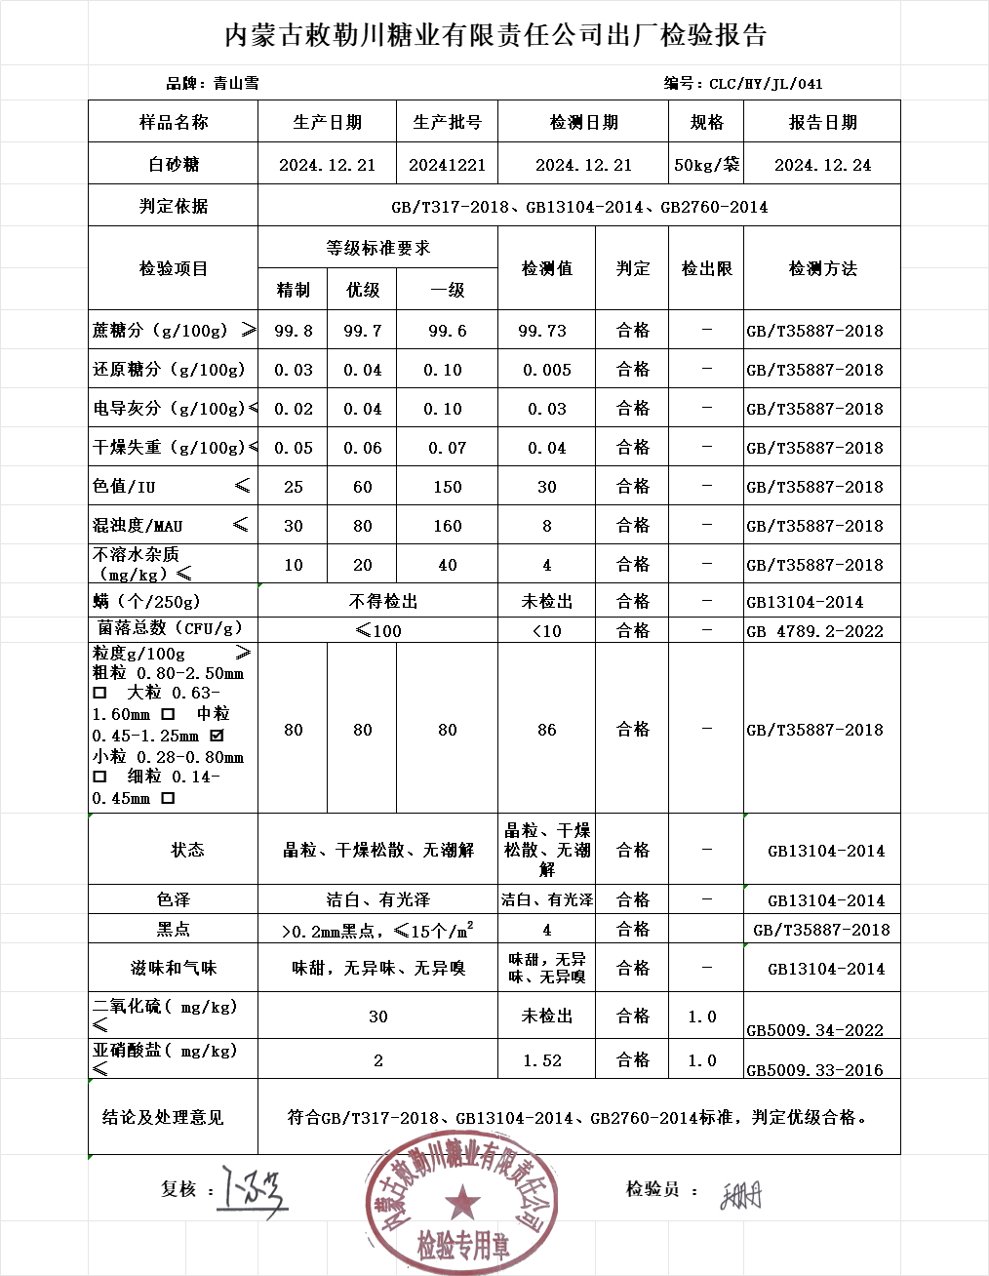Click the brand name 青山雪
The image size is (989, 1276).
[x=236, y=84]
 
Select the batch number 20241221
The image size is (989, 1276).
[x=447, y=165]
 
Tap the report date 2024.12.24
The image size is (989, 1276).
[x=822, y=165]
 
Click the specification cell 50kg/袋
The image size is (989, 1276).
[x=707, y=165]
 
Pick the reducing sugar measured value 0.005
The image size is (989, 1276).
[x=546, y=370]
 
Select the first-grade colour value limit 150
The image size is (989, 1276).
[x=448, y=487]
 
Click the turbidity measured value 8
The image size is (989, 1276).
[x=547, y=526]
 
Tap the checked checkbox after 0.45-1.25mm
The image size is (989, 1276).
[x=217, y=736]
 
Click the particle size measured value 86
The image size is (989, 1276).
[x=547, y=730]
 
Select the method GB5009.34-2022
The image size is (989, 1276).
[x=814, y=1030]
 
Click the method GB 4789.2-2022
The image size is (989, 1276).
[x=814, y=631]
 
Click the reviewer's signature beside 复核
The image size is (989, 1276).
[x=253, y=1191]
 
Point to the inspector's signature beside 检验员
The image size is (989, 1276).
[x=741, y=1194]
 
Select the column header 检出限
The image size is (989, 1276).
[x=707, y=268]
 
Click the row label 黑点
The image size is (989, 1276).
[x=174, y=929]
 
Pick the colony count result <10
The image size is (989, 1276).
[x=546, y=631]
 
